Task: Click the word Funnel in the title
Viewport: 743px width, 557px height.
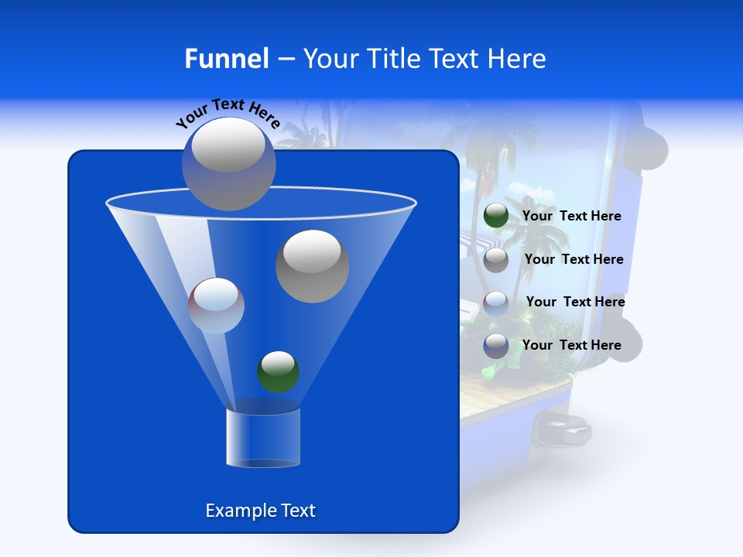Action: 226,59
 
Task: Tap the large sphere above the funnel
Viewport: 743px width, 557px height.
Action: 228,163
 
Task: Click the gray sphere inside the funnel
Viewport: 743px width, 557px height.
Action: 312,265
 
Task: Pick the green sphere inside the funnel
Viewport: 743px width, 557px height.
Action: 278,371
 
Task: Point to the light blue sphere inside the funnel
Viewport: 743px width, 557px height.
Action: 216,306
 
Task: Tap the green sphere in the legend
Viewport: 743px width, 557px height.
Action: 496,216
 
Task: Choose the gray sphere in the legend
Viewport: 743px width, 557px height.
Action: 496,260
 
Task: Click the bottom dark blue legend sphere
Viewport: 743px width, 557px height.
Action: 496,346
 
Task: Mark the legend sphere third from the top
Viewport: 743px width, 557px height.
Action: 496,302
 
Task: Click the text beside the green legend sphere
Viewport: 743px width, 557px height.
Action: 571,217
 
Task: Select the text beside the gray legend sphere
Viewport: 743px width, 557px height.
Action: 574,259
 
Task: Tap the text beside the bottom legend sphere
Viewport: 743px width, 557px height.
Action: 571,345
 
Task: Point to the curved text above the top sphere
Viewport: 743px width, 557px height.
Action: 228,113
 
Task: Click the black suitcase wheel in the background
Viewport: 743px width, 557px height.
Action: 563,428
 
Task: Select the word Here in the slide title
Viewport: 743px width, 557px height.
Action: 516,59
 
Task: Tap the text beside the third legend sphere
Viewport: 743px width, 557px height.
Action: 575,302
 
